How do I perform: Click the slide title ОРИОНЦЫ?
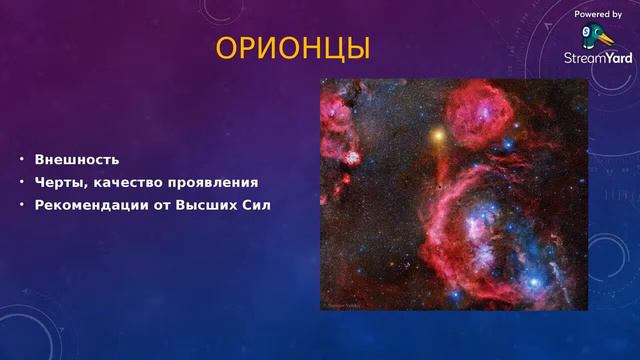pyautogui.click(x=293, y=48)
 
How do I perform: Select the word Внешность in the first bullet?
pyautogui.click(x=77, y=159)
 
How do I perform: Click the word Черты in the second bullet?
pyautogui.click(x=59, y=183)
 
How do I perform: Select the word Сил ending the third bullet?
pyautogui.click(x=257, y=206)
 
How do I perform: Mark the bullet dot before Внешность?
pyautogui.click(x=20, y=159)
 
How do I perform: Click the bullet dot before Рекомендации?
pyautogui.click(x=20, y=206)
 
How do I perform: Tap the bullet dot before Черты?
pyautogui.click(x=20, y=183)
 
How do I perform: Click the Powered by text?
pyautogui.click(x=598, y=14)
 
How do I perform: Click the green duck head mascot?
pyautogui.click(x=596, y=36)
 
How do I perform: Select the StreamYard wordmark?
pyautogui.click(x=598, y=58)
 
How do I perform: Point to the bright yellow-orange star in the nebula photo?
pyautogui.click(x=437, y=132)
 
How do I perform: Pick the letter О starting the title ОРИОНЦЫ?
pyautogui.click(x=226, y=48)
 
